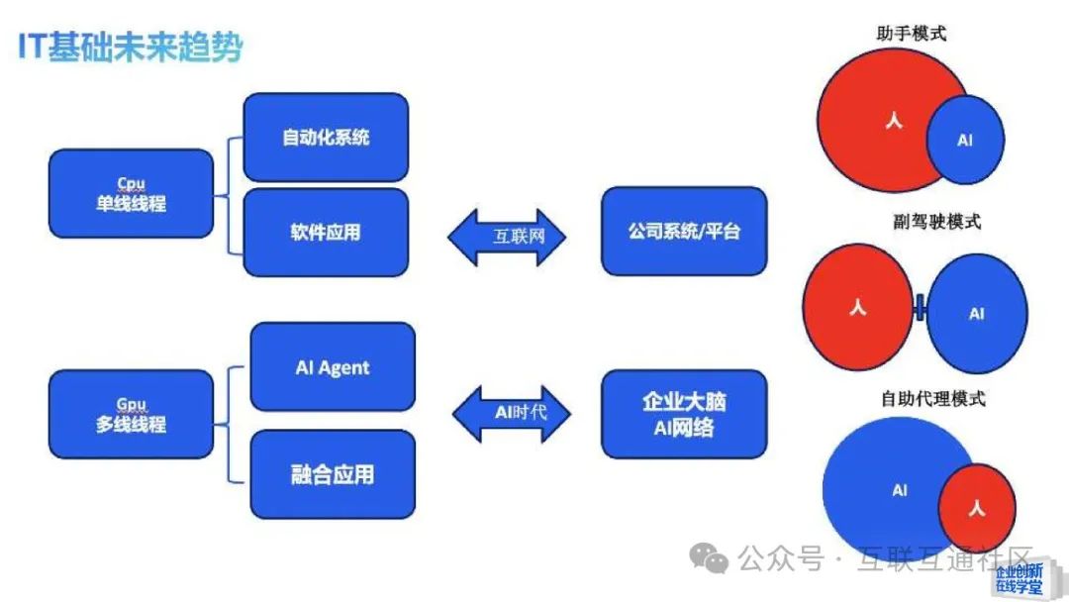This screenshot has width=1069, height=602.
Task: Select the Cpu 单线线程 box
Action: (131, 193)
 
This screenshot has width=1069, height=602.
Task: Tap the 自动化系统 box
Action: (326, 137)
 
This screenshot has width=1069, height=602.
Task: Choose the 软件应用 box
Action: (326, 232)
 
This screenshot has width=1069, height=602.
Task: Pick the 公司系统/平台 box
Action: (684, 232)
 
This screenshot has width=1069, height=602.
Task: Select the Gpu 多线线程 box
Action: (131, 414)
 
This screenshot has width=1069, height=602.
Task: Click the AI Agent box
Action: (332, 367)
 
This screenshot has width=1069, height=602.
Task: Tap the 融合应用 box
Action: (332, 473)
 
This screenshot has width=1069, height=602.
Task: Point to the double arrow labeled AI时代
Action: (511, 412)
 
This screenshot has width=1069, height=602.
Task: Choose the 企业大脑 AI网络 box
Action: (684, 414)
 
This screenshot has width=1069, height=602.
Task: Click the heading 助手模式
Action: (911, 33)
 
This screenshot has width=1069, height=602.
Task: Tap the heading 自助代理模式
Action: (933, 399)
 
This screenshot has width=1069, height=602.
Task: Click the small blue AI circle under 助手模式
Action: (965, 141)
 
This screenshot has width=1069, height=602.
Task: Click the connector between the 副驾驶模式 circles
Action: (921, 309)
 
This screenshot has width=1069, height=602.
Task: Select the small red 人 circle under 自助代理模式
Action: (976, 509)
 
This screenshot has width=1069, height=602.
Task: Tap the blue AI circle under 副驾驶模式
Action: (977, 313)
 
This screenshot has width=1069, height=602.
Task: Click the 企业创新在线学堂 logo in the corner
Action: (1019, 579)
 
